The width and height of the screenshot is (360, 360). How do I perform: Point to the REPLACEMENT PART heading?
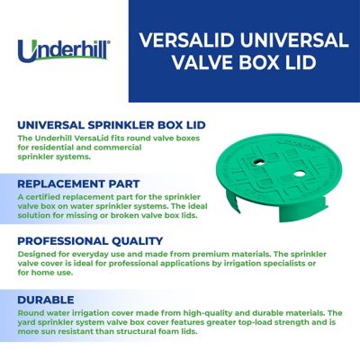coord(78,183)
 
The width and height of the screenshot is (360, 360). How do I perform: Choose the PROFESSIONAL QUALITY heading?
coord(90,240)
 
